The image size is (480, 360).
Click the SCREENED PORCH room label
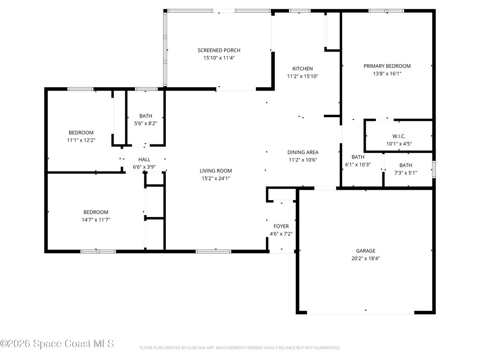219,50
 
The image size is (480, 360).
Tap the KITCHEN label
302,68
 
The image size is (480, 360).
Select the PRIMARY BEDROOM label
387,66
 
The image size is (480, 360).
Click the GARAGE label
365,251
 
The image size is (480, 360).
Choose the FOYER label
281,226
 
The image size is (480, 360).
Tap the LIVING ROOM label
216,171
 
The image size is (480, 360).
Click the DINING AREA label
303,152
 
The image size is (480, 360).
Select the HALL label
144,159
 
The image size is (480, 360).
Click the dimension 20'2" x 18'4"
365,258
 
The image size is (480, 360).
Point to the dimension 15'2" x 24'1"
216,178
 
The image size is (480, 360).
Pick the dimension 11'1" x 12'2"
81,140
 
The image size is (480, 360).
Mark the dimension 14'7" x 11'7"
96,219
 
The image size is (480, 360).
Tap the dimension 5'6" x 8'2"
146,123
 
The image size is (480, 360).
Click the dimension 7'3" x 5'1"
405,172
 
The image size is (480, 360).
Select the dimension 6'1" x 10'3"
358,165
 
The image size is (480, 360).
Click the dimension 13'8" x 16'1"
387,74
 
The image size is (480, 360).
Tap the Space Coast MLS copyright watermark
57,344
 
